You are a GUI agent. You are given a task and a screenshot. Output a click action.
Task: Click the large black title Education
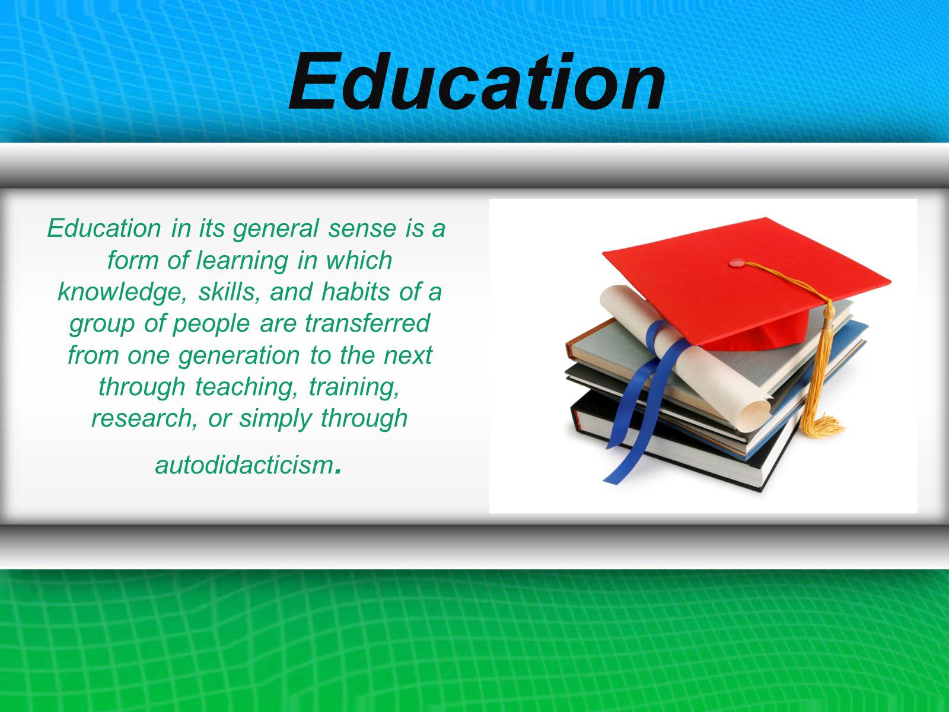pyautogui.click(x=477, y=82)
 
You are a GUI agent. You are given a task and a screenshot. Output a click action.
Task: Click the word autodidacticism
pyautogui.click(x=245, y=466)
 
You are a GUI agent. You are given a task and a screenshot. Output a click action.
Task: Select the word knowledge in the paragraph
pyautogui.click(x=122, y=293)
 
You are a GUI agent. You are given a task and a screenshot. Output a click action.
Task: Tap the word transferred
pyautogui.click(x=367, y=323)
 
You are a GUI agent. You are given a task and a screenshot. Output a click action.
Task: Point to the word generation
pyautogui.click(x=238, y=356)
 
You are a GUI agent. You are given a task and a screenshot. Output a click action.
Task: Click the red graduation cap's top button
pyautogui.click(x=736, y=263)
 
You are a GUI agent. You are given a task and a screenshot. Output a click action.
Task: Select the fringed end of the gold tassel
pyautogui.click(x=820, y=426)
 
